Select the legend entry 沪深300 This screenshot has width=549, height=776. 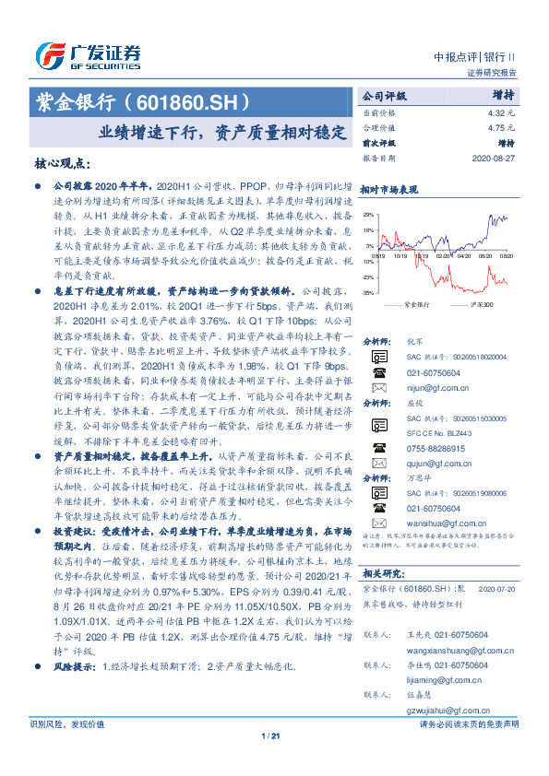pyautogui.click(x=482, y=303)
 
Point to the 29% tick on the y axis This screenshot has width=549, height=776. pyautogui.click(x=368, y=216)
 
